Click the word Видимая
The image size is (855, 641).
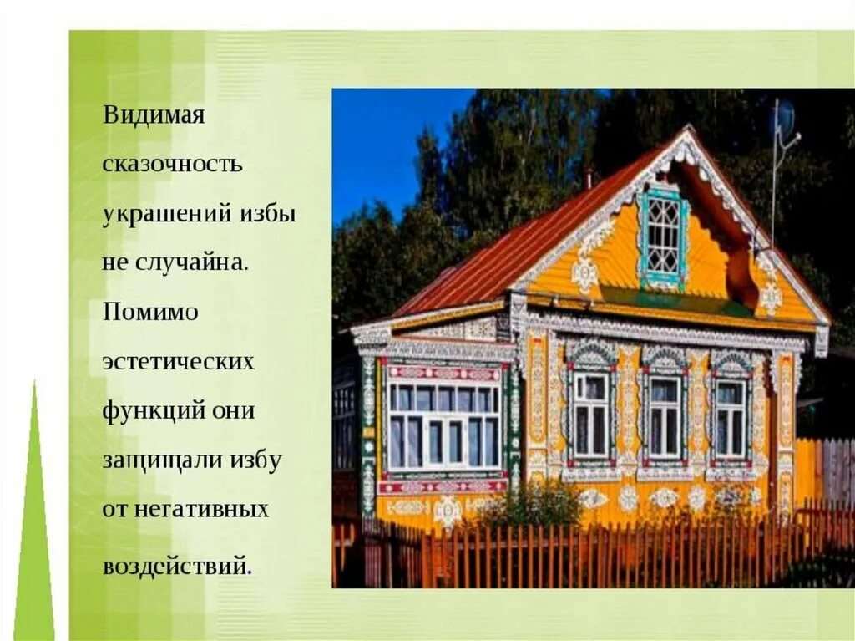154,115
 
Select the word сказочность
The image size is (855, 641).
173,163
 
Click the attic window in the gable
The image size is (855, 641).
663,237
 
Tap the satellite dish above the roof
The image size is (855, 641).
784,121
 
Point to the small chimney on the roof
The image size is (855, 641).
589,179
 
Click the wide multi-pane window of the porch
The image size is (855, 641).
443,426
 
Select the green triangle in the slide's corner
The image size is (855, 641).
34,518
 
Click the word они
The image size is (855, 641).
237,412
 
